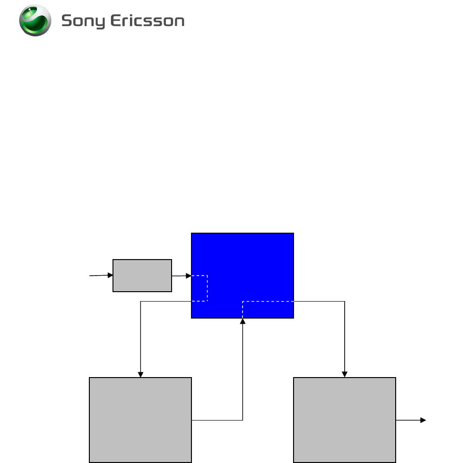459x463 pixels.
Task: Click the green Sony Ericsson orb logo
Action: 35,20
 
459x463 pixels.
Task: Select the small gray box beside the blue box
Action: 142,275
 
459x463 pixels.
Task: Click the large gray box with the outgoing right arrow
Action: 344,420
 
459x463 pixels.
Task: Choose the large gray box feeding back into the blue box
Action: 140,420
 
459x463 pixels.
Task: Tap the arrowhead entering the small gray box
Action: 110,275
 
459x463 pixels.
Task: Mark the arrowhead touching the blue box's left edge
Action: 188,276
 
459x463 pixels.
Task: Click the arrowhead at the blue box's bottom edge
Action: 242,321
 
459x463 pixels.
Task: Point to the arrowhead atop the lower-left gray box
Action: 140,374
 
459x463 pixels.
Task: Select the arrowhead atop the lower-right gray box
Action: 345,374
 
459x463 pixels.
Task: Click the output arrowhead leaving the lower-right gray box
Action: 424,420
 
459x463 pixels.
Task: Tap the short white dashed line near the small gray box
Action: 207,288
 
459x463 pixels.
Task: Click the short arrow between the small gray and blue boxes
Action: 181,276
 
